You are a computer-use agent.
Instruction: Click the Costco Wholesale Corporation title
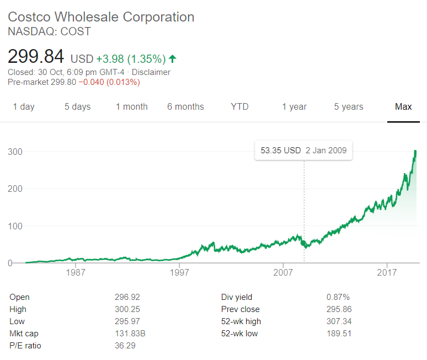point(101,17)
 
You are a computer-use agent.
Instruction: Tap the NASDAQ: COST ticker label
point(49,31)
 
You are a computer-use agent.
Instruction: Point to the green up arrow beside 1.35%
point(173,58)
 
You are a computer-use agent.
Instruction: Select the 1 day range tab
point(24,107)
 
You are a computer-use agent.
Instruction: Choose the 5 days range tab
point(77,107)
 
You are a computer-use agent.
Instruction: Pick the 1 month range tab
point(131,107)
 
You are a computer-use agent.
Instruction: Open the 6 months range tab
point(185,107)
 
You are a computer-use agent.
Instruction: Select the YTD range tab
point(239,107)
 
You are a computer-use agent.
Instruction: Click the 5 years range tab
point(349,107)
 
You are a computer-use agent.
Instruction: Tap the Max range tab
point(403,107)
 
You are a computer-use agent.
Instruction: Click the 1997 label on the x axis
point(179,273)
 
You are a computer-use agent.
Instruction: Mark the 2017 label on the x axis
point(387,273)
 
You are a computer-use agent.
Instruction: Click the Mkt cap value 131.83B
point(130,334)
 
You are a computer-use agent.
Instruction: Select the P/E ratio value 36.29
point(125,346)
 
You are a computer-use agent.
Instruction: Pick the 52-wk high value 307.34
point(339,321)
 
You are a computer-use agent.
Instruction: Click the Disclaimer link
point(150,72)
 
